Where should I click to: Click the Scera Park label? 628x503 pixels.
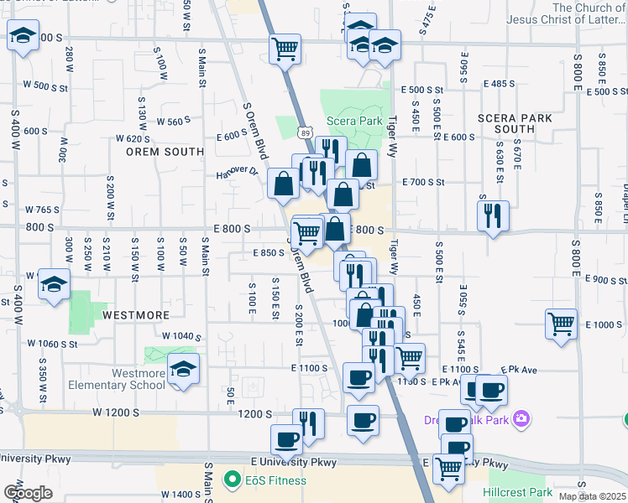pos(353,122)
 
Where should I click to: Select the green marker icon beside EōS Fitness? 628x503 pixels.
pos(230,480)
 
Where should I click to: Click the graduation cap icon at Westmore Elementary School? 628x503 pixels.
pos(183,370)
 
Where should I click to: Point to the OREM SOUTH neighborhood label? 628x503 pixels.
pos(165,152)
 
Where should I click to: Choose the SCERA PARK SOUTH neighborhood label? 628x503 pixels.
pos(515,123)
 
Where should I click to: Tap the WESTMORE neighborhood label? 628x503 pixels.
pos(136,315)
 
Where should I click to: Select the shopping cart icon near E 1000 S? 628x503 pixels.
pos(561,323)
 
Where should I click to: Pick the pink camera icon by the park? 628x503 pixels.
pos(521,417)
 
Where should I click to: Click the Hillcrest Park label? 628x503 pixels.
pos(519,492)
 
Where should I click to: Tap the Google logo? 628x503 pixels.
pos(28,493)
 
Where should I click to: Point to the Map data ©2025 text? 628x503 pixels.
pos(592,496)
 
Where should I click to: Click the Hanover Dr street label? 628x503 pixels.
pos(237,171)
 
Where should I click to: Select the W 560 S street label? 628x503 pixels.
pos(175,122)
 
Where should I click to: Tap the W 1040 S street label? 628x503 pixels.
pos(181,336)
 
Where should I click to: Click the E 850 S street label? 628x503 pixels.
pos(270,253)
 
